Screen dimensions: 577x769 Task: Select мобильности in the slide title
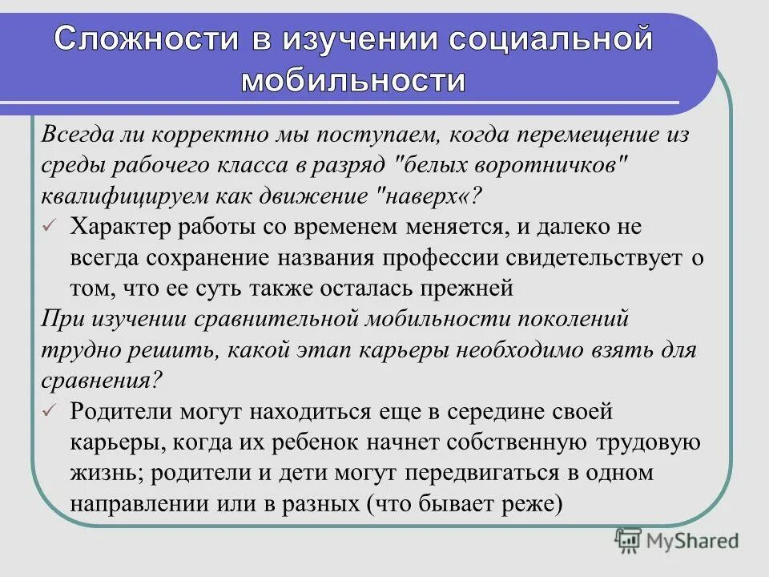tap(352, 80)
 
